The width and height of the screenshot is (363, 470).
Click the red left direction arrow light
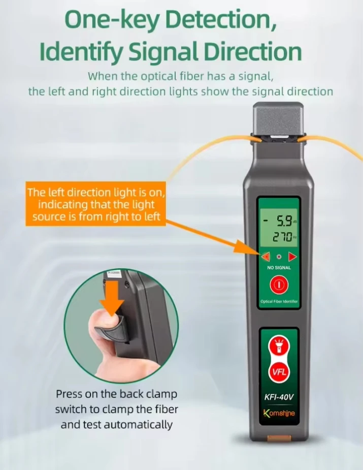[x=265, y=257]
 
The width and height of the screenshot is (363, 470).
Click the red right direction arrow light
[x=292, y=257]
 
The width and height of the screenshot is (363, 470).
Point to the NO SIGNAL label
[x=278, y=267]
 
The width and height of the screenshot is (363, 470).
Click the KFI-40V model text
[x=278, y=397]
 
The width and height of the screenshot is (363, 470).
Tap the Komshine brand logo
[x=278, y=413]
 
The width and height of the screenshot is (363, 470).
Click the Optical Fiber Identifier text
[x=278, y=302]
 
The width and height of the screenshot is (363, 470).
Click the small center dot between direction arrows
[x=278, y=257]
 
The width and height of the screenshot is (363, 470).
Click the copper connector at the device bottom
[x=278, y=438]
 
